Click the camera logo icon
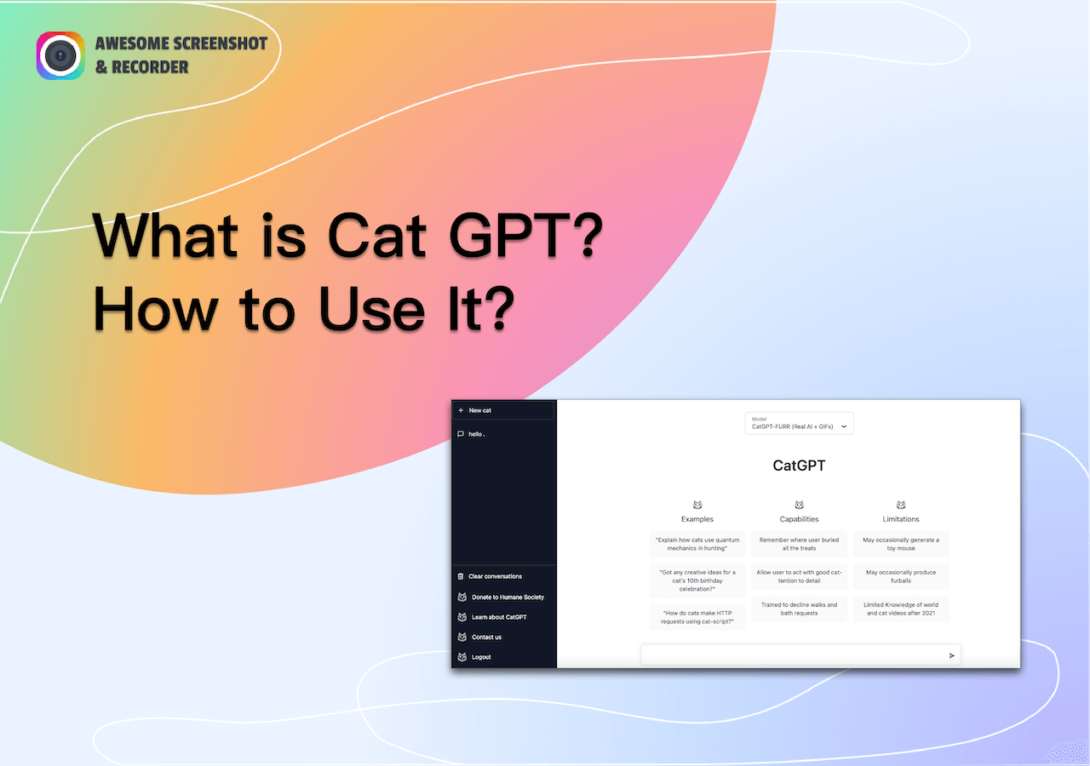click(60, 55)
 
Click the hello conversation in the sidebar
click(477, 434)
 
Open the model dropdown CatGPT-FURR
click(799, 423)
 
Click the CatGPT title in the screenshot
click(799, 466)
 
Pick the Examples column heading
click(697, 518)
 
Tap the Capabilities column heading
click(799, 518)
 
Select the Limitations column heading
click(901, 518)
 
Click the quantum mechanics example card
click(697, 544)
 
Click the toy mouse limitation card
click(901, 544)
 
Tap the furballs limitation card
click(901, 576)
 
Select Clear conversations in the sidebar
click(495, 576)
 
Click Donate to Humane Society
click(508, 597)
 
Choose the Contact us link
click(486, 637)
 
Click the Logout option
click(481, 657)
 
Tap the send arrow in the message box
click(952, 655)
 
